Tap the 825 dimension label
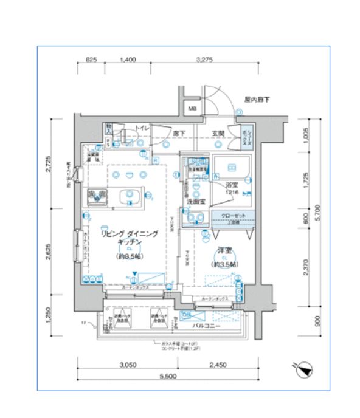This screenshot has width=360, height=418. pyautogui.click(x=91, y=60)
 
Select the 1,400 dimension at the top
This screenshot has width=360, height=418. pyautogui.click(x=127, y=60)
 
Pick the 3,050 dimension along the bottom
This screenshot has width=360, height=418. pyautogui.click(x=126, y=365)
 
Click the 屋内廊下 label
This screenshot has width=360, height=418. pyautogui.click(x=256, y=99)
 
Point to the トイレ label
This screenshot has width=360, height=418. pyautogui.click(x=142, y=128)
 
